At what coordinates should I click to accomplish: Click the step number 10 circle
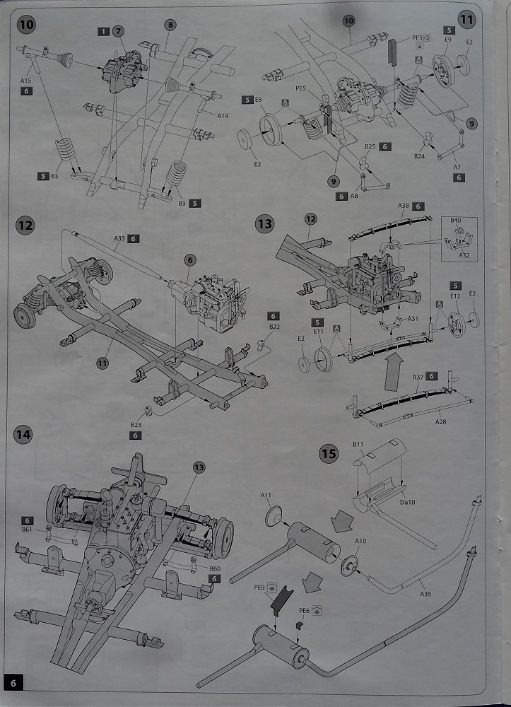(x=26, y=25)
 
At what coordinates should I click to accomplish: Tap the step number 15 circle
(x=329, y=453)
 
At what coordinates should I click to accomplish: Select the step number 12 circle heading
(x=25, y=226)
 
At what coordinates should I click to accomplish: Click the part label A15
(x=25, y=81)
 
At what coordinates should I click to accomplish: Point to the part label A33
(x=119, y=239)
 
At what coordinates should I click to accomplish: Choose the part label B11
(x=358, y=444)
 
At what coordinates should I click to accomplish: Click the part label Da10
(x=407, y=501)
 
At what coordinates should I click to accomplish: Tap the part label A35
(x=425, y=594)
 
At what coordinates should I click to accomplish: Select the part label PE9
(x=259, y=587)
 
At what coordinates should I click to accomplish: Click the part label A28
(x=441, y=421)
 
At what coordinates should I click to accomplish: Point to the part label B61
(x=28, y=529)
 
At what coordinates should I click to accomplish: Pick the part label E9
(x=448, y=39)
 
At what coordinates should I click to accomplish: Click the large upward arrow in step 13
(x=393, y=372)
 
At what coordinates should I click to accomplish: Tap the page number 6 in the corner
(x=13, y=683)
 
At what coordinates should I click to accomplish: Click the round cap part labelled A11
(x=274, y=516)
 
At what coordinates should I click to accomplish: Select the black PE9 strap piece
(x=282, y=600)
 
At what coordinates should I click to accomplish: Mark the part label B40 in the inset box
(x=456, y=221)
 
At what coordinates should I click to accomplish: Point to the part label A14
(x=223, y=116)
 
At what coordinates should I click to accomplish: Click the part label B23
(x=136, y=425)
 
